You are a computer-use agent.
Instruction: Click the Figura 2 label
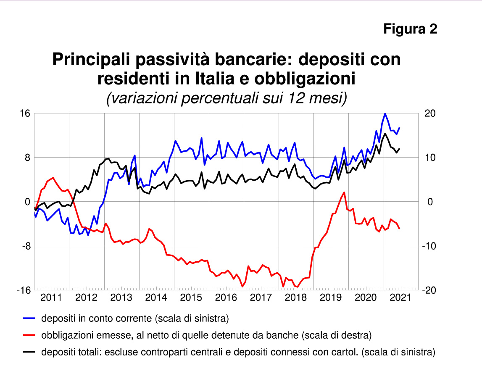[x=410, y=29]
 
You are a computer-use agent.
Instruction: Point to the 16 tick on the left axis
[x=25, y=113]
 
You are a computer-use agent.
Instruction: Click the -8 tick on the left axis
[x=26, y=246]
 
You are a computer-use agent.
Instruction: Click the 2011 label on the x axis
[x=51, y=298]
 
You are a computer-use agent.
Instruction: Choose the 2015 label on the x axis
[x=191, y=298]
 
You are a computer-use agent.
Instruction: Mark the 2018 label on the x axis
[x=296, y=298]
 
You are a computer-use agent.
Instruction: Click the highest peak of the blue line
[x=385, y=113]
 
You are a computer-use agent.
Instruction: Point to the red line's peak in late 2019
[x=344, y=192]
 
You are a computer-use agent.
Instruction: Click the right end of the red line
[x=399, y=229]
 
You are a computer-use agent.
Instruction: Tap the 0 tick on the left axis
[x=28, y=202]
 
